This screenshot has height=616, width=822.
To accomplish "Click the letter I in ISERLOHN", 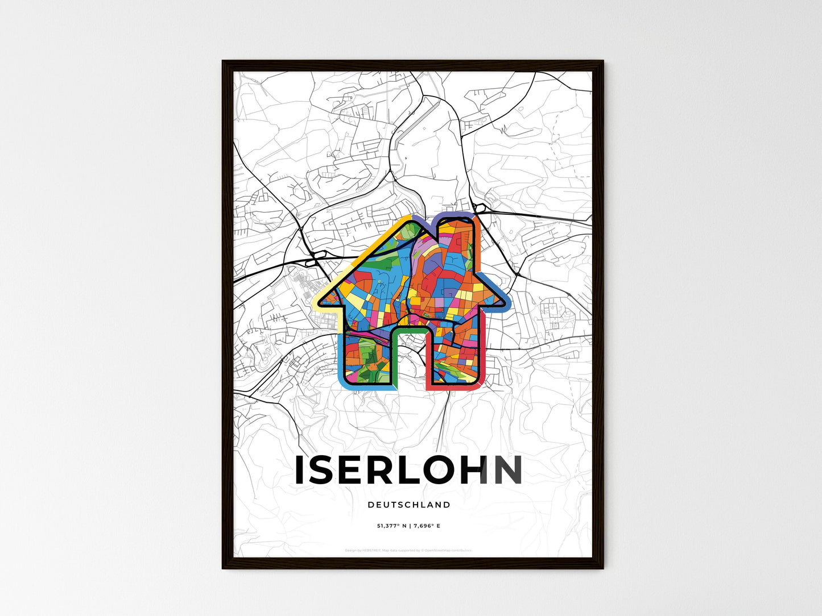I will click(300, 470).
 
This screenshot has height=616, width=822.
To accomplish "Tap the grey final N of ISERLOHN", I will click(508, 470).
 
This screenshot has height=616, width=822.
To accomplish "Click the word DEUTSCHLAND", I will click(408, 505).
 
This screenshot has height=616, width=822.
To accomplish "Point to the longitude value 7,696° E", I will click(426, 526).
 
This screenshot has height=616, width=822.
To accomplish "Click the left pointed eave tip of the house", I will click(319, 301).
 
